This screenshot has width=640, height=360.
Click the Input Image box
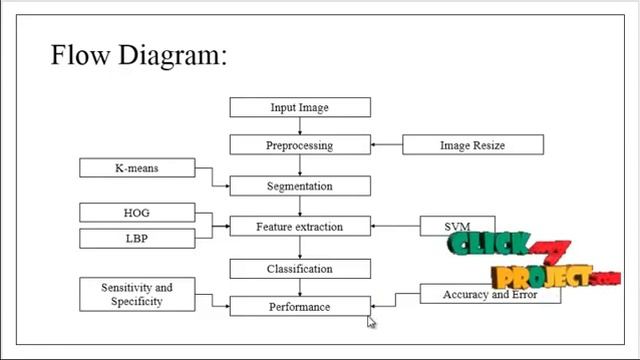coord(300,107)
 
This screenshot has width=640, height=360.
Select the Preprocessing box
coord(300,145)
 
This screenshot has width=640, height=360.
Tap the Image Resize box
coord(473,145)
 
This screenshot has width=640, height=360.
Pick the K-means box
coord(137,168)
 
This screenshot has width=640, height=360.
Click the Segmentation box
coord(300,186)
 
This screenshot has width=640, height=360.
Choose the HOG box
coord(137,212)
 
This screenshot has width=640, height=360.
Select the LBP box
coord(137,238)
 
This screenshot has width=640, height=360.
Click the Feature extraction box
coord(300,227)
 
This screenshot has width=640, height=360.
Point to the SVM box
coord(456,227)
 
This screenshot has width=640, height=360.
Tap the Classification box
coord(300,268)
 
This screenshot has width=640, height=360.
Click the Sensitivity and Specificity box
coord(137,293)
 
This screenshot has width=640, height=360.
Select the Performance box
coord(300,306)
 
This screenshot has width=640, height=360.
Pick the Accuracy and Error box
coord(489,294)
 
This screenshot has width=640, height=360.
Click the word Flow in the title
coord(79,54)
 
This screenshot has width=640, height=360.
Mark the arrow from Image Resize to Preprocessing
coord(387,145)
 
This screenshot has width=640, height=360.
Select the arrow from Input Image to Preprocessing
coord(300,126)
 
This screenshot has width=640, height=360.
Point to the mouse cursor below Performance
coord(371,322)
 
